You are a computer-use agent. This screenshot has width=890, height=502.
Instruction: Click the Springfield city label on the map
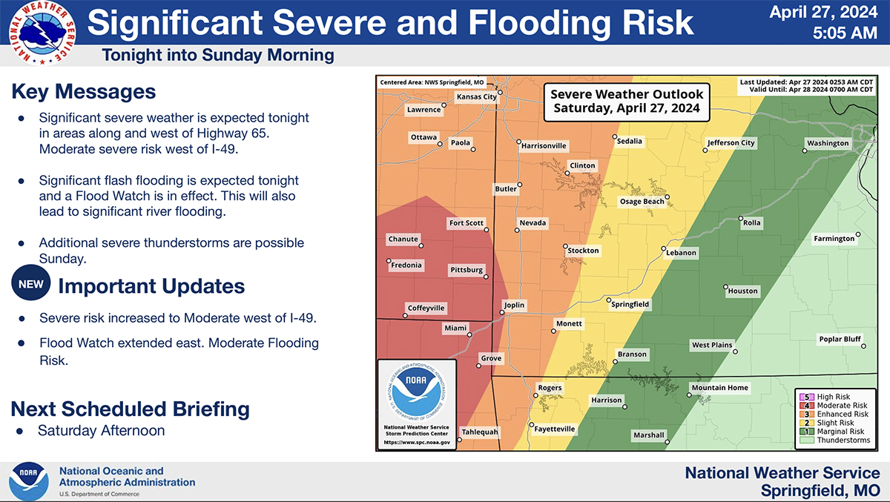(630, 304)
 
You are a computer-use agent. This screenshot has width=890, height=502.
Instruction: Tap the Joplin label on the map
(514, 305)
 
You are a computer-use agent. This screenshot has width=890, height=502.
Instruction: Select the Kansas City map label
(476, 97)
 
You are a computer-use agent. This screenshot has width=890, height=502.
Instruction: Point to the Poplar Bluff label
(840, 340)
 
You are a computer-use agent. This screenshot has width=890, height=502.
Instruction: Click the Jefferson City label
(731, 143)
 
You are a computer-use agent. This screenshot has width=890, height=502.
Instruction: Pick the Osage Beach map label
(642, 202)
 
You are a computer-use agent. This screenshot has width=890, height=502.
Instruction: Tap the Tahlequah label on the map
(480, 432)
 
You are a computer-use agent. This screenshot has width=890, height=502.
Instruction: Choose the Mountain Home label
(719, 388)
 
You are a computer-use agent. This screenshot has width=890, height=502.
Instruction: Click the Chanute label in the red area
(403, 240)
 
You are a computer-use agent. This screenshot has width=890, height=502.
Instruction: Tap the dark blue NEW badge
(31, 284)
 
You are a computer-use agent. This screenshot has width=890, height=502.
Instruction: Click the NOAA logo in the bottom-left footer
(28, 481)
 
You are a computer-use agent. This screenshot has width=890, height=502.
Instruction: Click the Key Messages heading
(84, 92)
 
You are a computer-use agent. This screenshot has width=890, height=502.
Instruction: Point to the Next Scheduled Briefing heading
(131, 409)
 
